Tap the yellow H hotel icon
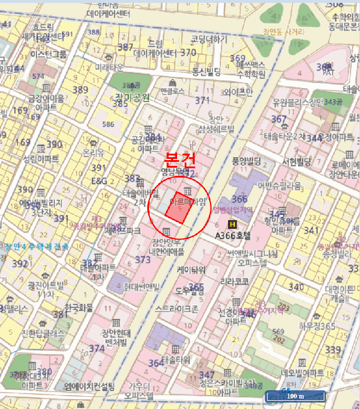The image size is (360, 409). point(233,225)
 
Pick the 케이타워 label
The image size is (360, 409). point(191,270)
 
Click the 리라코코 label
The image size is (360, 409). point(234,281)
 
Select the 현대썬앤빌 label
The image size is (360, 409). point(141,286)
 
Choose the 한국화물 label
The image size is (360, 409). point(79,307)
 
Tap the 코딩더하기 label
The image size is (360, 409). point(209,39)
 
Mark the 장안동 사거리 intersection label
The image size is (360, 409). point(283,32)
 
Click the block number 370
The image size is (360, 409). point(188,53)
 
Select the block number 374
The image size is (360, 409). point(97,348)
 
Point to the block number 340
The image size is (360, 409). point(296,287)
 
